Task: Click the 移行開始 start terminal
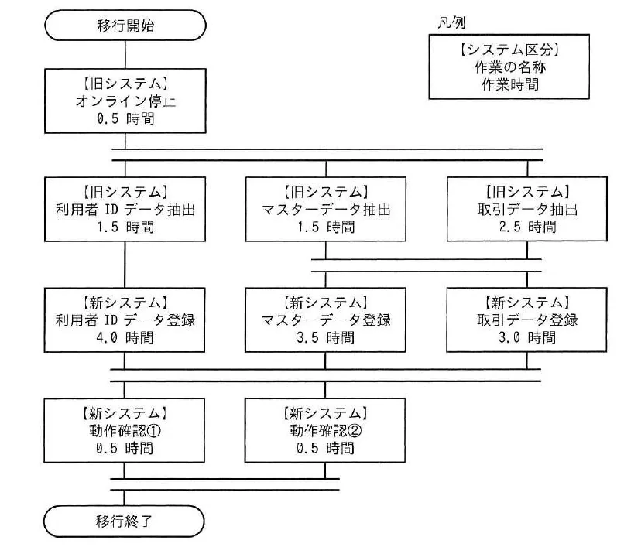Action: pyautogui.click(x=125, y=26)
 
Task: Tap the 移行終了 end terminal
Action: pyautogui.click(x=124, y=521)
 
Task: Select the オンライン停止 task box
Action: pyautogui.click(x=125, y=101)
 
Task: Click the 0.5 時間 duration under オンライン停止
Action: pyautogui.click(x=125, y=118)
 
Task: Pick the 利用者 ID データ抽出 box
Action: pyautogui.click(x=125, y=209)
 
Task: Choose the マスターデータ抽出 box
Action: pyautogui.click(x=325, y=209)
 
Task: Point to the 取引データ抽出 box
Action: pyautogui.click(x=527, y=209)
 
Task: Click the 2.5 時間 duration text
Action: pyautogui.click(x=527, y=227)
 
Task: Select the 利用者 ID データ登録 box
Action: pyautogui.click(x=125, y=320)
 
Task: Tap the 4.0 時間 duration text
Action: pyautogui.click(x=125, y=338)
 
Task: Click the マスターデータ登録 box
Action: pyautogui.click(x=325, y=320)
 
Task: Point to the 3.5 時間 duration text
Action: pyautogui.click(x=325, y=338)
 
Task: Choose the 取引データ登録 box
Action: pyautogui.click(x=527, y=320)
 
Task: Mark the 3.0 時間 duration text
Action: pyautogui.click(x=527, y=338)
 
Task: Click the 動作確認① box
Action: pyautogui.click(x=124, y=430)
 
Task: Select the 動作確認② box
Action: pyautogui.click(x=324, y=430)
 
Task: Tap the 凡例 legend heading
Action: pyautogui.click(x=451, y=22)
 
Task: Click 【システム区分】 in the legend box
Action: pyautogui.click(x=509, y=50)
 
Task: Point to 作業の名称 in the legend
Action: pyautogui.click(x=509, y=67)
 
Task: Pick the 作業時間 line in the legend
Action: pyautogui.click(x=509, y=84)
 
